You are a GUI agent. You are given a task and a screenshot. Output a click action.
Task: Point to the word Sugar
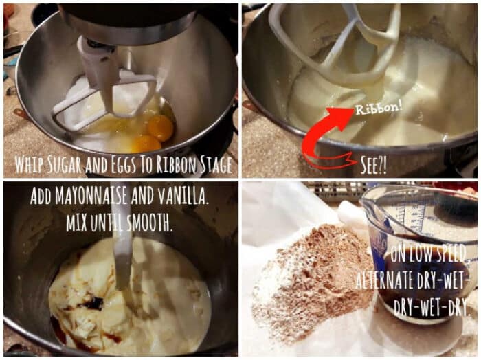[68, 165]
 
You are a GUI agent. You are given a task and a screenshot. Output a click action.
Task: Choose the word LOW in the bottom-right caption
[418, 254]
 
